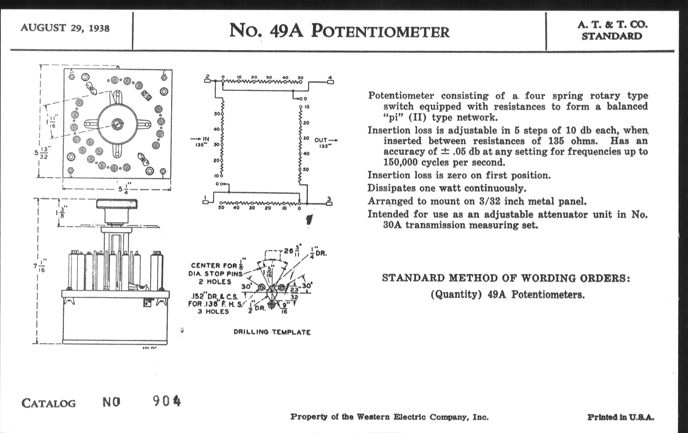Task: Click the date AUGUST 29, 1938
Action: [65, 28]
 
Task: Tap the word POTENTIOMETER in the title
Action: [380, 31]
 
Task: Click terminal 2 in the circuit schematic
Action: [207, 81]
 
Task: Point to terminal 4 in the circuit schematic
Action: [330, 82]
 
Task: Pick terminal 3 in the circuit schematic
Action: [329, 203]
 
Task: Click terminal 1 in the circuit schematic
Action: [205, 202]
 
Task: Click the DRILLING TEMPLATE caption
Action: [272, 332]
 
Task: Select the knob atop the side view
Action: [117, 204]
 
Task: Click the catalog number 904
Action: [167, 401]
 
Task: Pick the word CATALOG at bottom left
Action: [49, 403]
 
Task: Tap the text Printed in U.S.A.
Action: [620, 417]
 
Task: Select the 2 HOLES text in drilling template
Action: [215, 282]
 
